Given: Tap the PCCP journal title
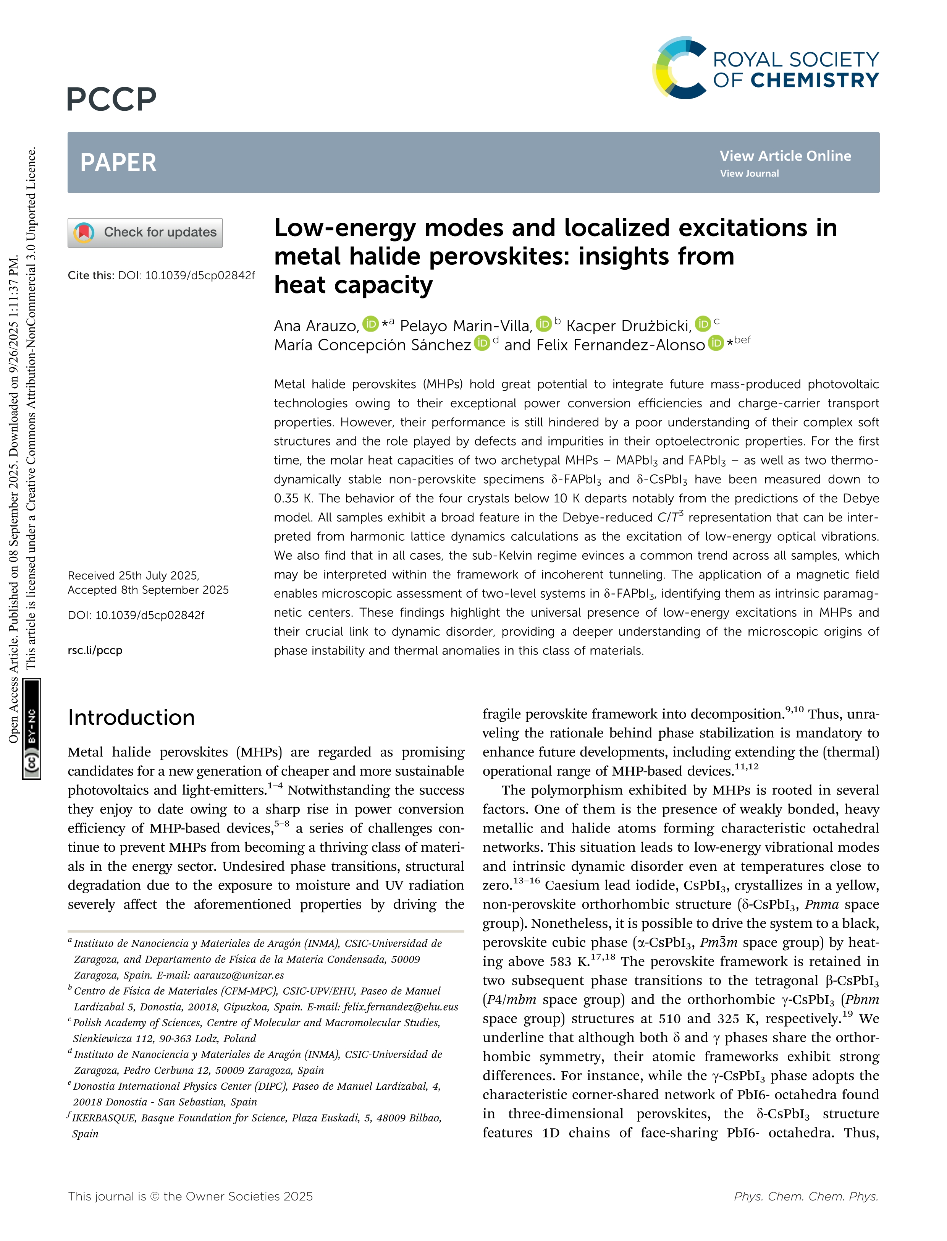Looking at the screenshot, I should point(112,99).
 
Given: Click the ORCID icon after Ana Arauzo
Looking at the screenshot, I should point(370,324).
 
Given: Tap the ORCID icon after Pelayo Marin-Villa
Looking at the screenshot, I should point(543,324).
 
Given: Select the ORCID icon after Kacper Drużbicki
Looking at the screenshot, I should point(702,324).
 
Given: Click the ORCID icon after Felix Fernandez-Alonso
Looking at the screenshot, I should point(715,343).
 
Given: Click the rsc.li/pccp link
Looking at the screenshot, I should point(95,650).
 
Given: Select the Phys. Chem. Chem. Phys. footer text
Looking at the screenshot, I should point(805,1196).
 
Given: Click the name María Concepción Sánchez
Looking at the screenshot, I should point(372,345).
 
